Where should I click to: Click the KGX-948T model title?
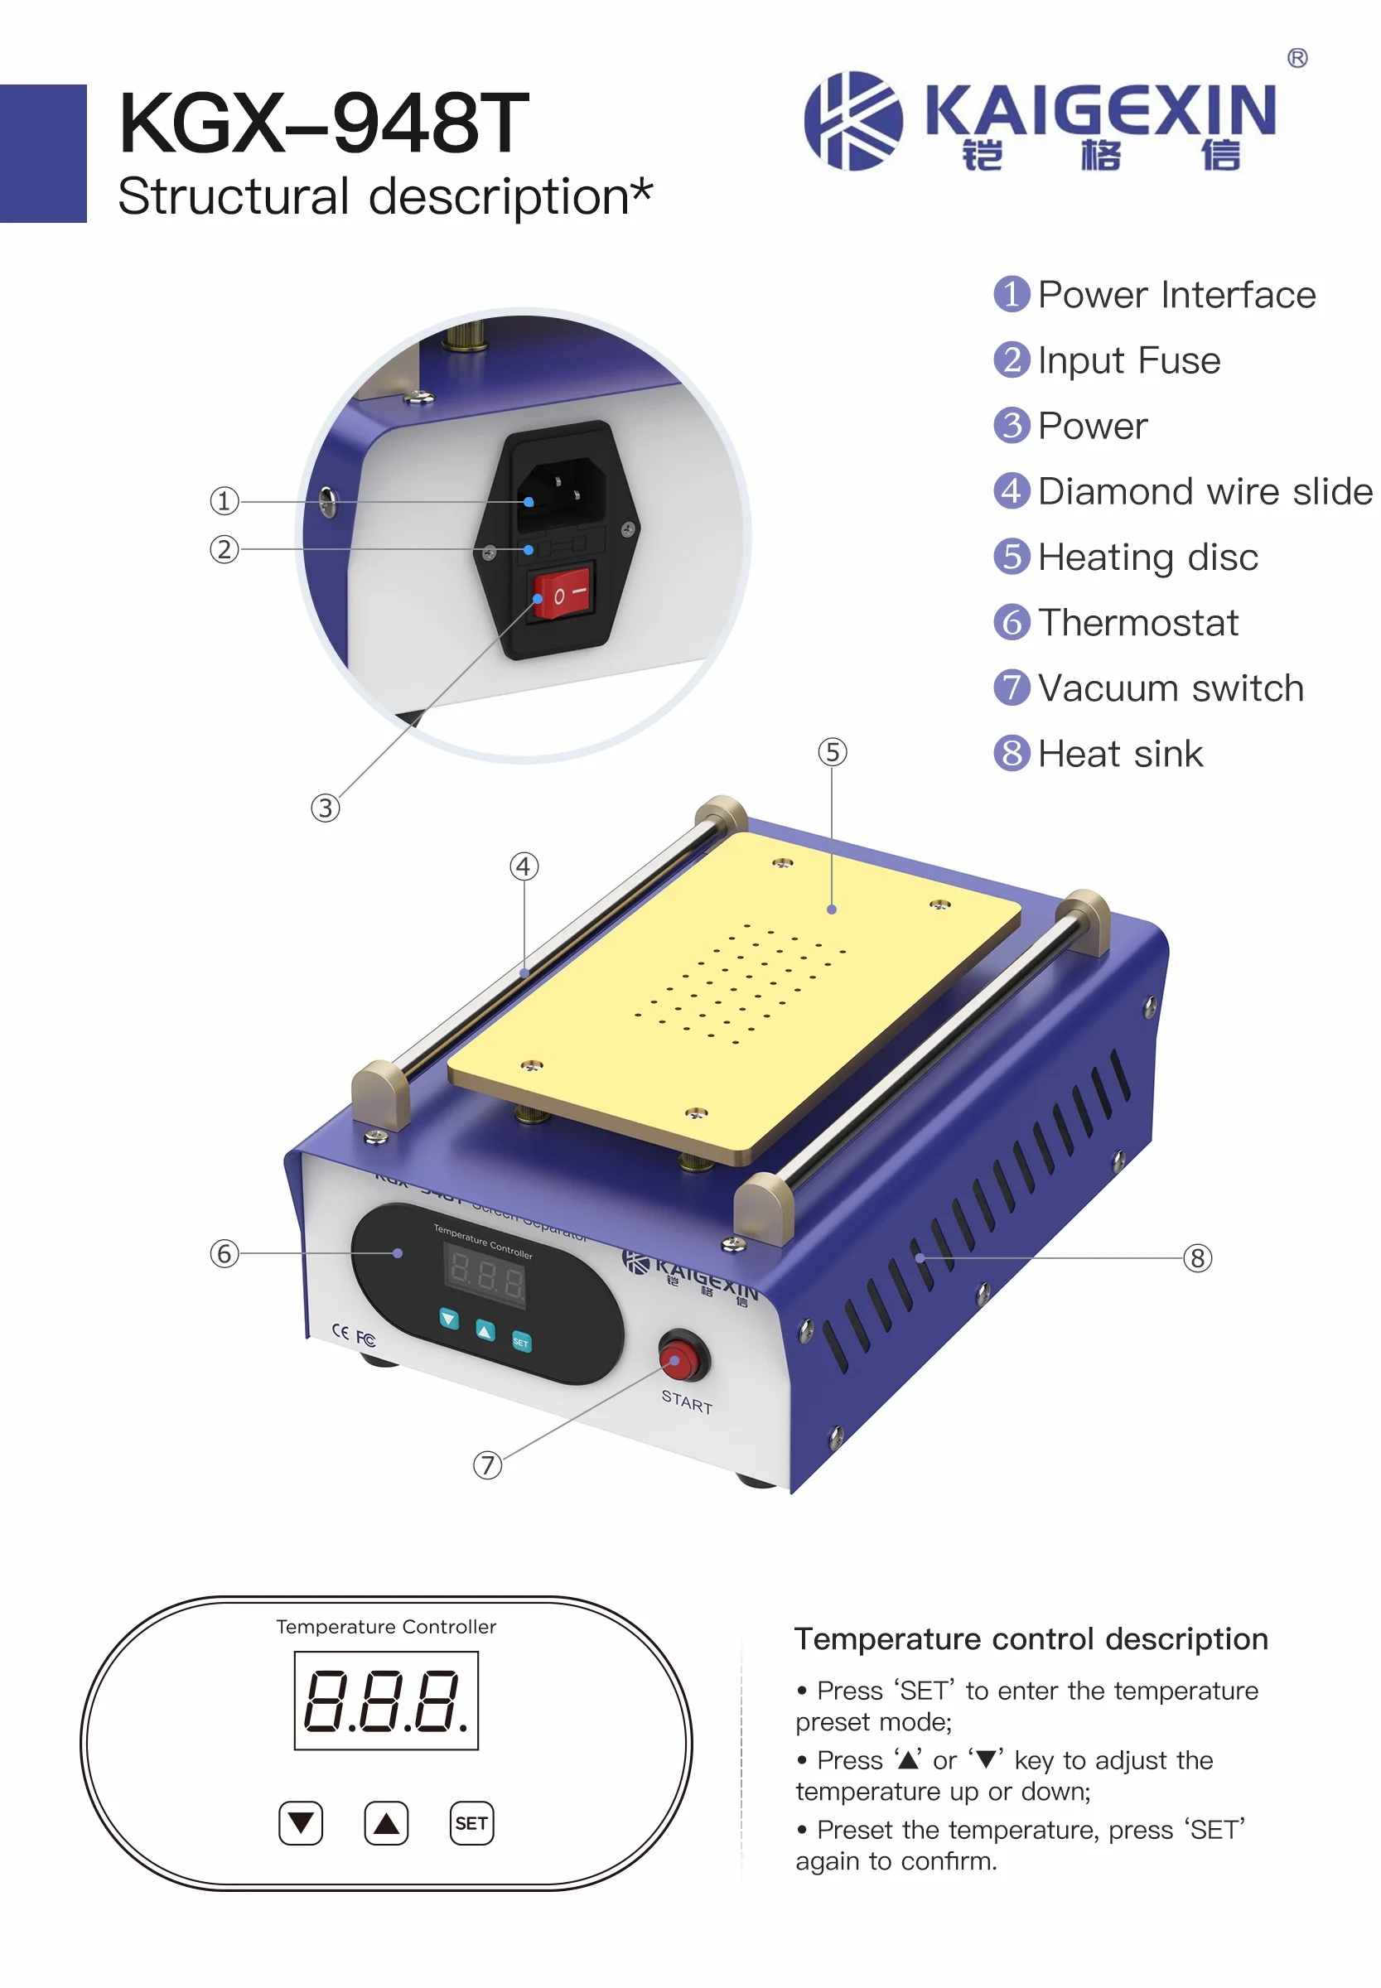[324, 123]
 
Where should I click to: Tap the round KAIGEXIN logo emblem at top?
[852, 121]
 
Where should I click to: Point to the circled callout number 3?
[326, 808]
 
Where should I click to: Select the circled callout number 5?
[833, 752]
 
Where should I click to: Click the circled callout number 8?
[1198, 1258]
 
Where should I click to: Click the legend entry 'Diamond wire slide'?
[1204, 491]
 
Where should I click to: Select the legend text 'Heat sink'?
[1120, 755]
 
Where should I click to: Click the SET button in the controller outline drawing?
[471, 1824]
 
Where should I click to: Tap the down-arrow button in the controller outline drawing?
[301, 1824]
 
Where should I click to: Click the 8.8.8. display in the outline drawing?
[386, 1701]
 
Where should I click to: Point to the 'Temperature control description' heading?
[1031, 1639]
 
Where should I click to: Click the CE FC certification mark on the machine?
[354, 1334]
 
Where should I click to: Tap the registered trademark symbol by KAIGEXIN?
[1297, 58]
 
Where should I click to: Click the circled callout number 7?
[487, 1465]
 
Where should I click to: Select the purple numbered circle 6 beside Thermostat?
[1012, 623]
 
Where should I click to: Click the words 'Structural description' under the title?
[372, 196]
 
